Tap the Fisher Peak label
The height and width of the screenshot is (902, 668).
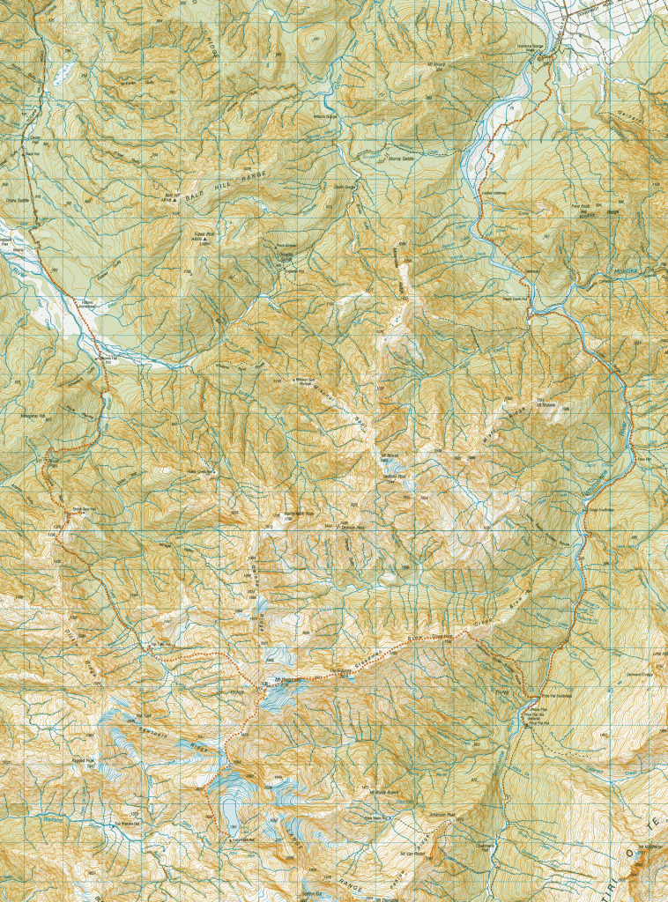pos(205,236)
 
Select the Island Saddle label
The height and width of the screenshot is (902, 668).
pos(18,201)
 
